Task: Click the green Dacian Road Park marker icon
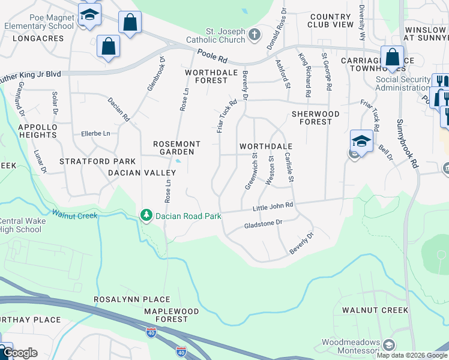point(145,215)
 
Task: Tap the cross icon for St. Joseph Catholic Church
point(255,34)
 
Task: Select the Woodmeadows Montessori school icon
point(389,345)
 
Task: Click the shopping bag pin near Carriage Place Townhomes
point(392,58)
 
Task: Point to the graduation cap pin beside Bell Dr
point(361,141)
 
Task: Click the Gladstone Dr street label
point(262,224)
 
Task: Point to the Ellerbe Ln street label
point(96,133)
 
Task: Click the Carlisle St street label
point(289,167)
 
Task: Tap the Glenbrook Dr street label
point(156,74)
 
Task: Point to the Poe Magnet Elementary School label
point(38,22)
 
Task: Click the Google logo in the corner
point(19,353)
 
